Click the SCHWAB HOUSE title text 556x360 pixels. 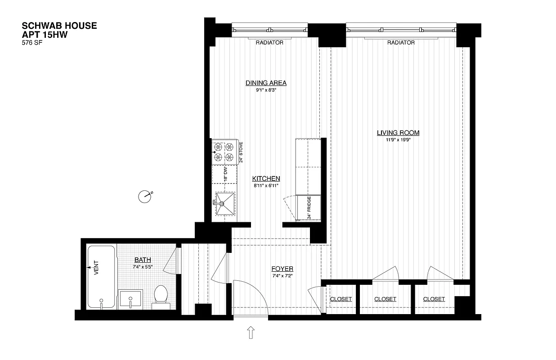59,26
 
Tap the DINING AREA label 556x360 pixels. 266,83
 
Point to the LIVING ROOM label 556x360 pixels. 398,133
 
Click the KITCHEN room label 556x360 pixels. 266,179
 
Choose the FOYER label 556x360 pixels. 282,269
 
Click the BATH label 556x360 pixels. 143,260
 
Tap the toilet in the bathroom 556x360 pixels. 161,297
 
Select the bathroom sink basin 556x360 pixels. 130,299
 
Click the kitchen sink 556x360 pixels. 225,204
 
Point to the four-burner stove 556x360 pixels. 224,152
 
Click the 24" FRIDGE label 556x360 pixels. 309,208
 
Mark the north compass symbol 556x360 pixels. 145,196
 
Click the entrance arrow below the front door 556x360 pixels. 251,333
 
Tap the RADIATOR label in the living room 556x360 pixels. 401,43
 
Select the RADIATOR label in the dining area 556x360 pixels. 269,43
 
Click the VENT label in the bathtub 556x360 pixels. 96,268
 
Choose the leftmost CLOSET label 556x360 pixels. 341,299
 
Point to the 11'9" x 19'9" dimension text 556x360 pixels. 398,140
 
